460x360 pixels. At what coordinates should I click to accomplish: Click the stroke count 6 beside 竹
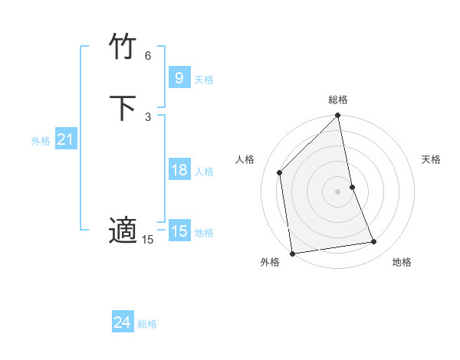pos(148,56)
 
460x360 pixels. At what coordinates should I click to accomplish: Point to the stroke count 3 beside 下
pos(148,116)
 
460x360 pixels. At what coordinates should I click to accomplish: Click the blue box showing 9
pos(179,77)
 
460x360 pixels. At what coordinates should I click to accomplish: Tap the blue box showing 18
pos(179,170)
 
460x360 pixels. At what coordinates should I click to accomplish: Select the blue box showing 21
pos(65,139)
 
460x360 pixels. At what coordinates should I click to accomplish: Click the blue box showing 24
pos(122,322)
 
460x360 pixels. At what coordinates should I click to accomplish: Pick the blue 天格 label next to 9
pos(204,80)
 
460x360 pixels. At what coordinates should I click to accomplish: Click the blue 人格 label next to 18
pos(204,172)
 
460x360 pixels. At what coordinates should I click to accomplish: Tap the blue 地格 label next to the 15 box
pos(204,233)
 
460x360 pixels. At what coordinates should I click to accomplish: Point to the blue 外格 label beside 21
pos(41,141)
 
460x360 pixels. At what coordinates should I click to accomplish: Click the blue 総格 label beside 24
pos(147,324)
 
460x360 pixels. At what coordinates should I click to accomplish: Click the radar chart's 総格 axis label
pos(338,100)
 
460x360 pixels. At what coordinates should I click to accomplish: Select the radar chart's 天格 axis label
pos(431,159)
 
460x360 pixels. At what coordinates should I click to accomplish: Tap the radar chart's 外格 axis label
pos(270,263)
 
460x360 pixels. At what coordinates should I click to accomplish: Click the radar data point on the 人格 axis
pos(280,172)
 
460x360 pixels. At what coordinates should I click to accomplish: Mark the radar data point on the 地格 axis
pos(374,242)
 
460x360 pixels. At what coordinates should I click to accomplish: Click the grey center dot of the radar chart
pos(338,191)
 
